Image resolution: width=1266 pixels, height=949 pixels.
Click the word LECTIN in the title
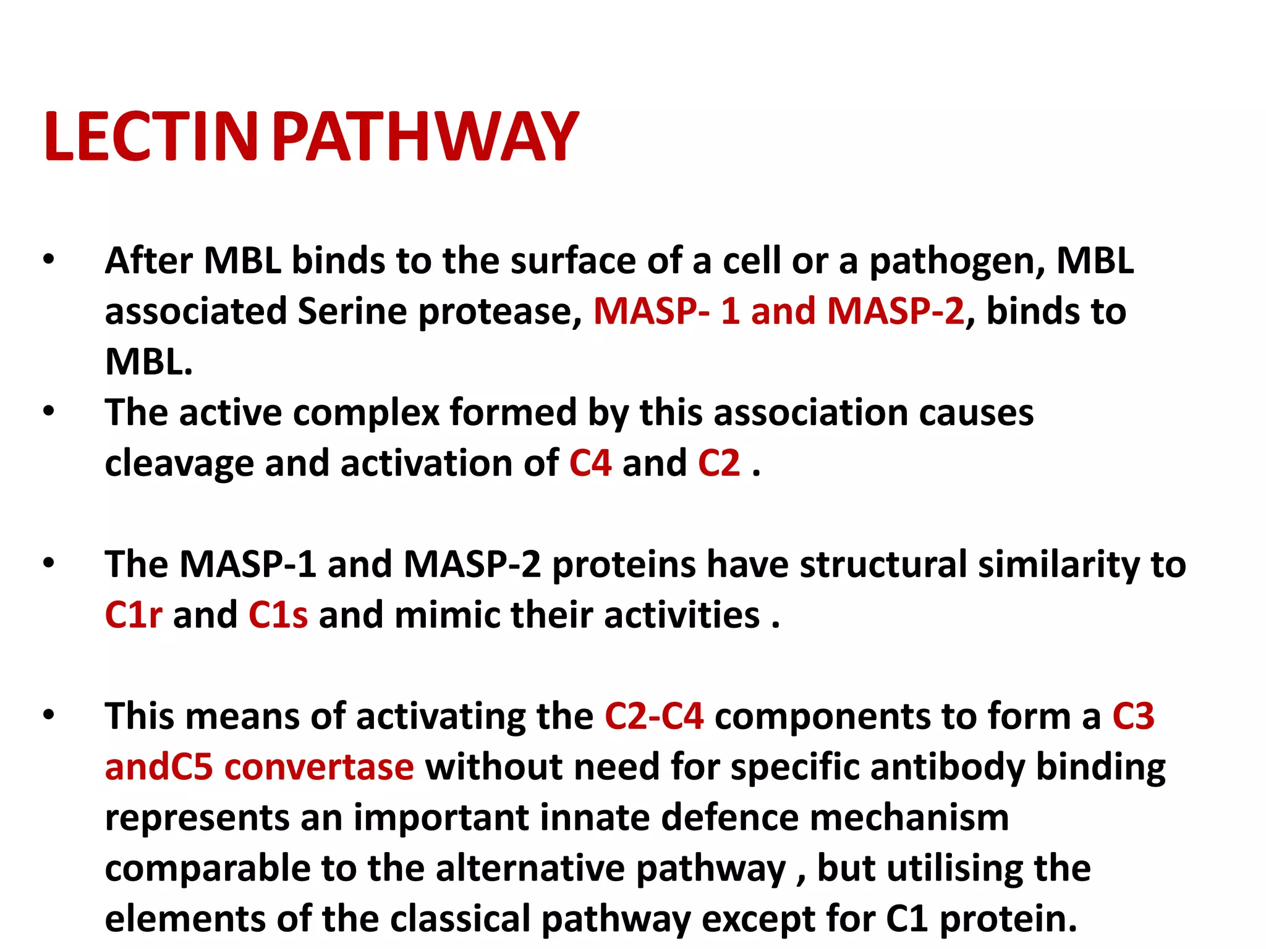tap(150, 137)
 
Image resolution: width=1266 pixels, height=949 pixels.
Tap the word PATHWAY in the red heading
tap(425, 137)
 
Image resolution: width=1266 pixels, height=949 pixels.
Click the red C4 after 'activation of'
tap(590, 463)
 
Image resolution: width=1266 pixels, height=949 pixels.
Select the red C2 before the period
tap(719, 463)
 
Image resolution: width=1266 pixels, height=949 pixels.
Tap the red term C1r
tap(134, 615)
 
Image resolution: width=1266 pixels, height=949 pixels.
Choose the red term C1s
tap(278, 615)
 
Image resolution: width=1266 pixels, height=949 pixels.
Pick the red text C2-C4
tap(654, 716)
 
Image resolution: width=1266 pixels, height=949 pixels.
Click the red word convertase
tap(319, 767)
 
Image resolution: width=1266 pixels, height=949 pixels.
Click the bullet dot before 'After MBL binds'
tap(49, 259)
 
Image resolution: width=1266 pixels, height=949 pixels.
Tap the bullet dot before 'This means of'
tap(49, 715)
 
